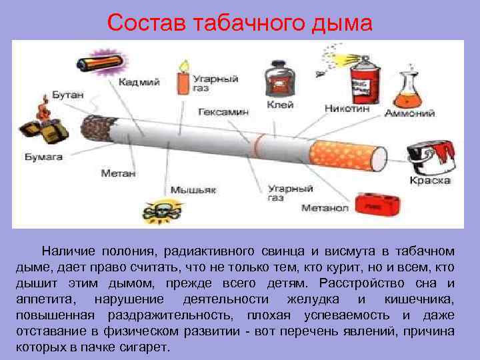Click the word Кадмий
point(139,83)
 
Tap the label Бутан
point(67,95)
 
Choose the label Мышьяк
point(193,190)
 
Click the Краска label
point(430,181)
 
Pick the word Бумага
point(44,157)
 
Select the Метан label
point(119,173)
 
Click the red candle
point(182,79)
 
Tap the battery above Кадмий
point(99,64)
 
